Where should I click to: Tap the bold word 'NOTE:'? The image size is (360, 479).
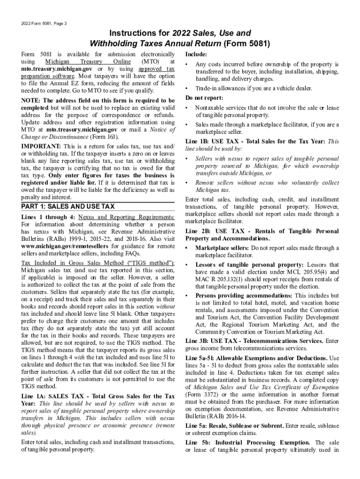(x=31, y=100)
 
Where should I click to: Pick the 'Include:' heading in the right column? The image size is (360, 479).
(x=196, y=54)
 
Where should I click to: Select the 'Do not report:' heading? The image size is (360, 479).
(x=204, y=98)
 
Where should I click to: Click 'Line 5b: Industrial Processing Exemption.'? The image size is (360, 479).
(x=247, y=442)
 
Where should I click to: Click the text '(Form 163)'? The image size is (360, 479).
(x=103, y=137)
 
